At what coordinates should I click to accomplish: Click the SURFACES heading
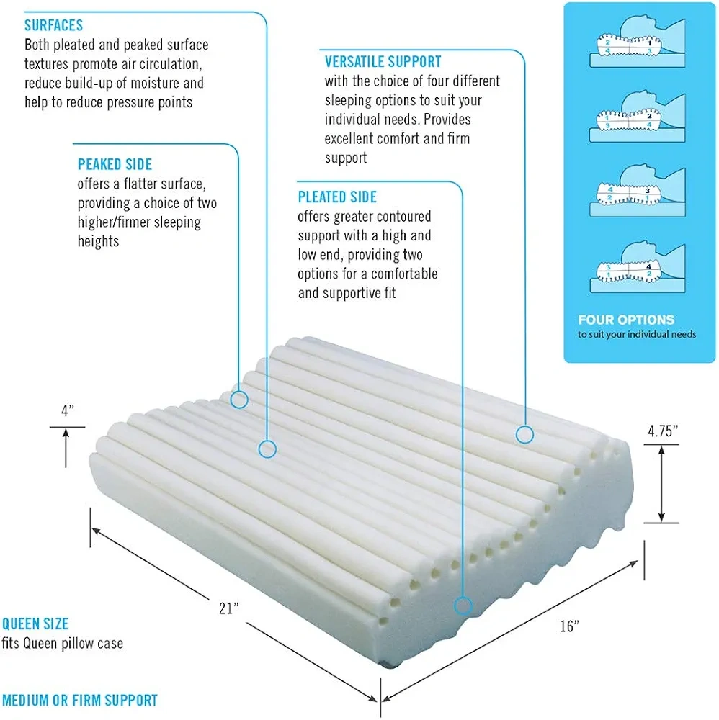[x=53, y=26]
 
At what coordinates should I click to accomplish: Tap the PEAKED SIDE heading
[x=115, y=165]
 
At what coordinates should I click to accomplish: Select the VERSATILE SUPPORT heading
[x=383, y=62]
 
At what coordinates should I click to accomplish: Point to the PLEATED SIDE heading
[x=337, y=197]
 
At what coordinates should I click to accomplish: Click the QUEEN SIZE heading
[x=35, y=624]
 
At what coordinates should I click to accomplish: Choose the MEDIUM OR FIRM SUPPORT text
[x=80, y=700]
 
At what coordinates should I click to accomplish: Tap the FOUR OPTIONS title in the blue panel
[x=626, y=320]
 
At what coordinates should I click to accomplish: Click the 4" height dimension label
[x=68, y=410]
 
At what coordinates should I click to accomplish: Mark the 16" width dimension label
[x=569, y=626]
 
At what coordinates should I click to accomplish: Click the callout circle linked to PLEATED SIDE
[x=463, y=605]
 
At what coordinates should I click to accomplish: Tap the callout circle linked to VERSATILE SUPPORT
[x=524, y=434]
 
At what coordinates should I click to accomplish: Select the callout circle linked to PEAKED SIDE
[x=239, y=398]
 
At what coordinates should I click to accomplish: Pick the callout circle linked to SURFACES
[x=267, y=449]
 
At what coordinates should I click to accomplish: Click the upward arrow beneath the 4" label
[x=66, y=446]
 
